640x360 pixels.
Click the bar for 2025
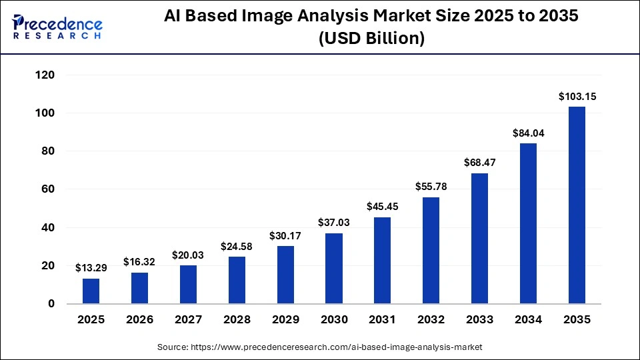(91, 291)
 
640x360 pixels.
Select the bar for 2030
(334, 269)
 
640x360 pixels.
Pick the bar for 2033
(479, 239)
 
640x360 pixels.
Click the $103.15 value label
(577, 97)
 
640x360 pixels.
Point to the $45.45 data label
(383, 207)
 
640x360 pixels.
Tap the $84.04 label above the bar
(528, 133)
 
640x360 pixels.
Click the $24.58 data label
(237, 246)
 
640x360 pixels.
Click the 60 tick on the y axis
(47, 190)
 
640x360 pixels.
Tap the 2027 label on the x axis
(188, 320)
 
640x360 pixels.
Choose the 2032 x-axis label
(431, 320)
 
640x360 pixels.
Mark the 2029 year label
(285, 320)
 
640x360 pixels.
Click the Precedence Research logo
(57, 27)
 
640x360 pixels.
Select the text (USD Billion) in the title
(371, 39)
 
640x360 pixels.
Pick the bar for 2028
(237, 280)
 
